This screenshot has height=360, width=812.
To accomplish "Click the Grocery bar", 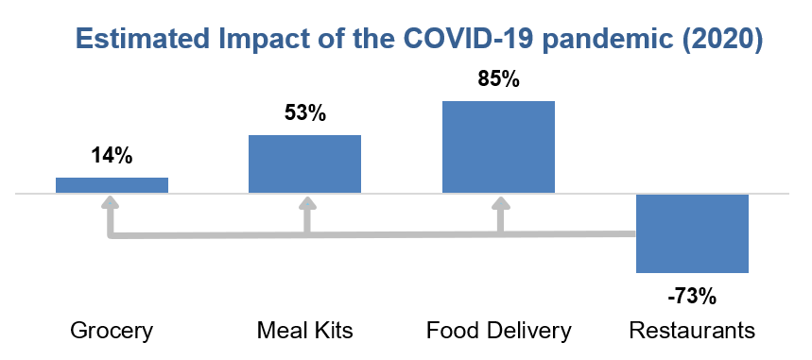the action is click(x=112, y=185).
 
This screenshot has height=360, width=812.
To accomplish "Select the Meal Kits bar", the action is click(x=305, y=164).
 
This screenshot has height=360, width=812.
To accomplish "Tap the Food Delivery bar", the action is click(x=498, y=147).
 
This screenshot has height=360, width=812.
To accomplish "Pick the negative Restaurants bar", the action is click(x=692, y=233).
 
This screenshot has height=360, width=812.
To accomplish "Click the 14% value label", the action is click(x=112, y=156).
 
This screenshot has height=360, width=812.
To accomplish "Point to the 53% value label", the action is click(x=305, y=113).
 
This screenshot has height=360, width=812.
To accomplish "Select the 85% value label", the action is click(x=498, y=79).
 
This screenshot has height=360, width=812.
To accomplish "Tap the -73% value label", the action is click(x=692, y=298).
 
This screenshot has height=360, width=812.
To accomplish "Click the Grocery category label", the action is click(x=112, y=331).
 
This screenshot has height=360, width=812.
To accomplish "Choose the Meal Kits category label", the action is click(x=305, y=330).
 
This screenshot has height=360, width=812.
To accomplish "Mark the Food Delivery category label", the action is click(x=499, y=331).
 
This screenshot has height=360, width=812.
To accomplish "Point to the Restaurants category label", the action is click(x=692, y=330).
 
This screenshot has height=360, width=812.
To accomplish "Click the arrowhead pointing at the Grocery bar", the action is click(x=110, y=202).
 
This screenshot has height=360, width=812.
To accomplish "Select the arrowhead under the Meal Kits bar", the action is click(x=307, y=202).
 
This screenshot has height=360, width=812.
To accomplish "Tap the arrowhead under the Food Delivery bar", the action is click(x=501, y=202).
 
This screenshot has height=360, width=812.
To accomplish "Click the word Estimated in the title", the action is click(x=143, y=40).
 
